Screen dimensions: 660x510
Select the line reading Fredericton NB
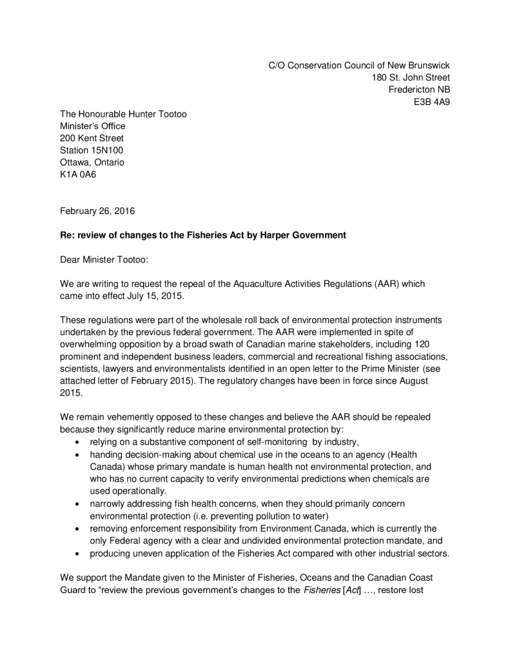click(419, 90)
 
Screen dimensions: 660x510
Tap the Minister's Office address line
click(93, 126)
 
